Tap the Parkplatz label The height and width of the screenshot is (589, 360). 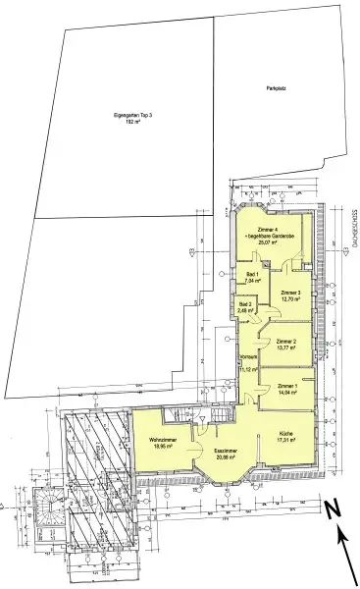coord(275,89)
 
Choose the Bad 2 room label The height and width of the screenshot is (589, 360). coord(246,305)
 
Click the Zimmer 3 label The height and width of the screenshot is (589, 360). coord(289,293)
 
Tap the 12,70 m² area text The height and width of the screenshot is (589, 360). coord(289,299)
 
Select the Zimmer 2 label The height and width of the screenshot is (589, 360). coord(288,340)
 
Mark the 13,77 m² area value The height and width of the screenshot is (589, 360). coord(288,347)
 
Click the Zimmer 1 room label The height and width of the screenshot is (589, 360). coord(287,386)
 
